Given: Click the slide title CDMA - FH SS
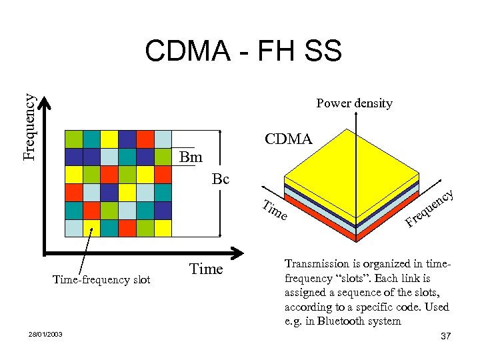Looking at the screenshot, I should click(x=243, y=51).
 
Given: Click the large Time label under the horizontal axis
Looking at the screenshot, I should click(x=206, y=269).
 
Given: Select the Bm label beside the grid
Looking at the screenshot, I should click(x=191, y=158).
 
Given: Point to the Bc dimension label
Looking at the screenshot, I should click(x=220, y=179).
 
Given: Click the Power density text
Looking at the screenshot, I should click(x=354, y=103).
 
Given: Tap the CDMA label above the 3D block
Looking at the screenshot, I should click(x=288, y=139).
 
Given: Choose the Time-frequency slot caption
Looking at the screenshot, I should click(x=101, y=280).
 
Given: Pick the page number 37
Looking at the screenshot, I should click(x=446, y=336).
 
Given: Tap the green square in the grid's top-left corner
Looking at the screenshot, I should click(x=74, y=139).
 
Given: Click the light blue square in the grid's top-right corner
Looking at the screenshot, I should click(x=163, y=139).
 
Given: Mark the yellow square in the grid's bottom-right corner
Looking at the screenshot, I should click(x=163, y=228).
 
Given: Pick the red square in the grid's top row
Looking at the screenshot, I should click(x=145, y=139).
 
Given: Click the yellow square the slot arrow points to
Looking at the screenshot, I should click(x=91, y=228).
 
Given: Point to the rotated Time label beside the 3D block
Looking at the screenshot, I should click(x=275, y=211).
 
